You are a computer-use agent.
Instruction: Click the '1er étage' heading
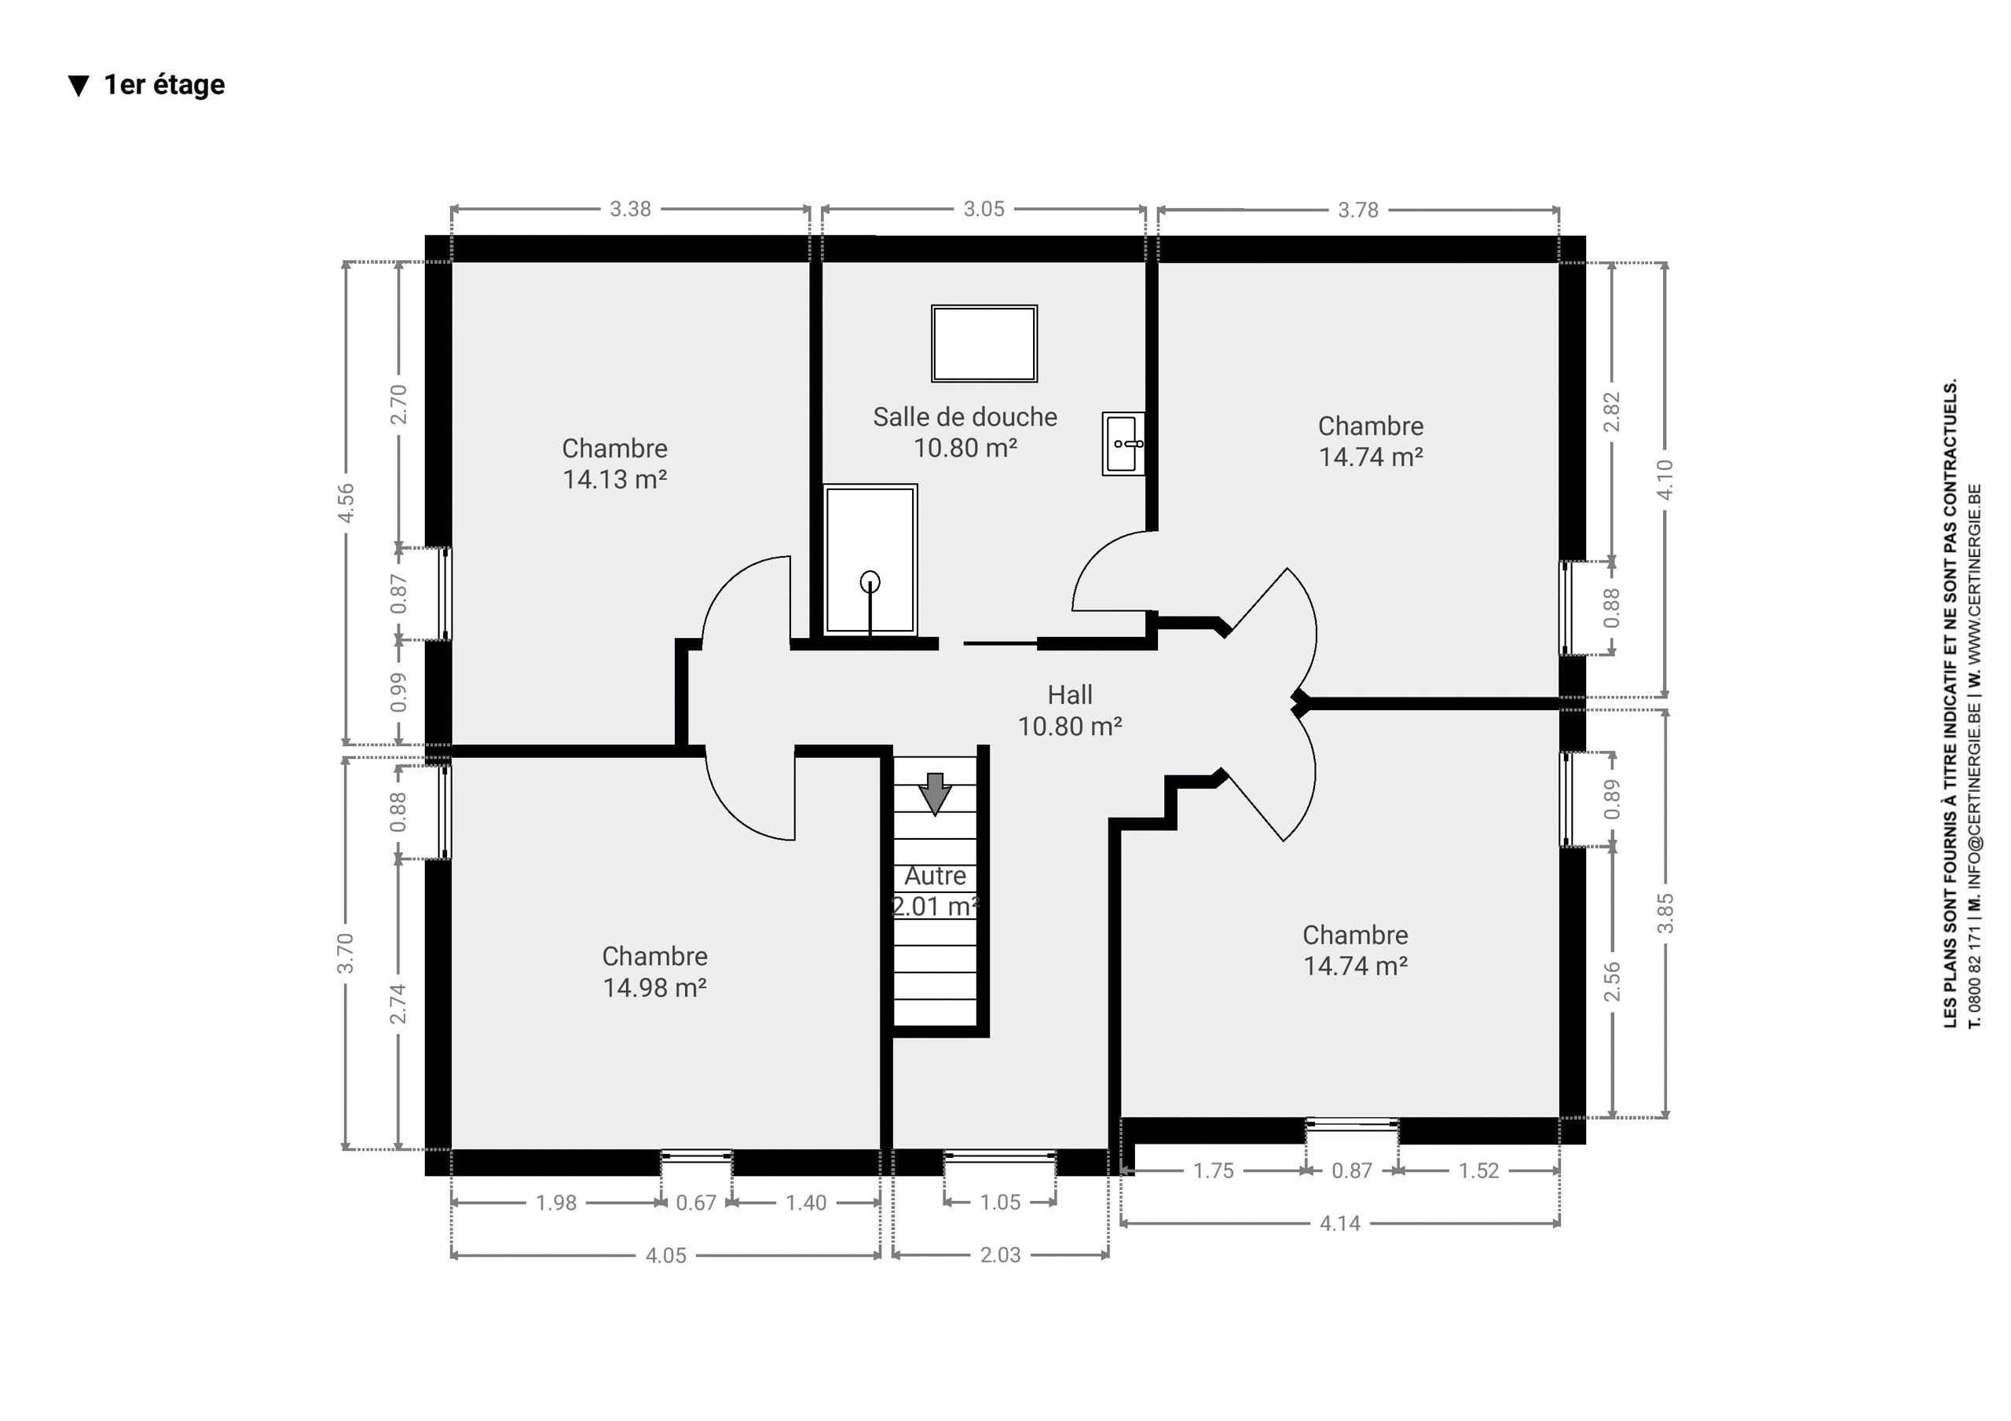coord(164,85)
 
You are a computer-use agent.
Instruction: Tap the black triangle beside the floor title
coord(79,86)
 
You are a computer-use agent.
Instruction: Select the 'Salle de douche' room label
coord(965,417)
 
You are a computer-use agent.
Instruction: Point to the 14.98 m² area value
coord(654,987)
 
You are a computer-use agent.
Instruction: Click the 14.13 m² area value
coord(614,479)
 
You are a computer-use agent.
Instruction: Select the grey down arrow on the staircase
coord(936,793)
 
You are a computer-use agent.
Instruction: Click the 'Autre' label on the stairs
coord(936,875)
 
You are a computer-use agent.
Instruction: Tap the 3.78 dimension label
coord(1357,211)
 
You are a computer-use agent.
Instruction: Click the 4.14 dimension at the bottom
coord(1340,1223)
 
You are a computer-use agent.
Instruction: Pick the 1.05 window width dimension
coord(1000,1202)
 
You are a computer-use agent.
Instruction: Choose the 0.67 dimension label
coord(696,1203)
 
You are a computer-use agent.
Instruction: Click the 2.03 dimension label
coord(1000,1254)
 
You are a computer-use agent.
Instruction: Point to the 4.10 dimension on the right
coord(1665,479)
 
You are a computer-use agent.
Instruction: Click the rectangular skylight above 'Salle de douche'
coord(984,343)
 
